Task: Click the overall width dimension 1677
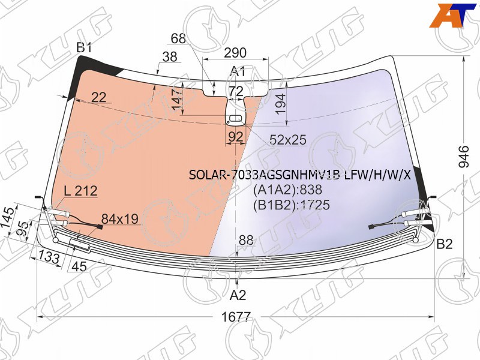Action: [x=236, y=317]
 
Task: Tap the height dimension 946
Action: [x=463, y=157]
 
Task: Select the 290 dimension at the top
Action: [x=235, y=53]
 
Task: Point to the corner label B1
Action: [x=84, y=48]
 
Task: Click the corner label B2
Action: [x=445, y=244]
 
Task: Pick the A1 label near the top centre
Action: [x=238, y=71]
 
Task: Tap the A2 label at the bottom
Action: [x=238, y=295]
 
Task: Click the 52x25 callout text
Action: [x=288, y=140]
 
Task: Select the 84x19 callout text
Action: [x=120, y=219]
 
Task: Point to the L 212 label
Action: [x=80, y=191]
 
